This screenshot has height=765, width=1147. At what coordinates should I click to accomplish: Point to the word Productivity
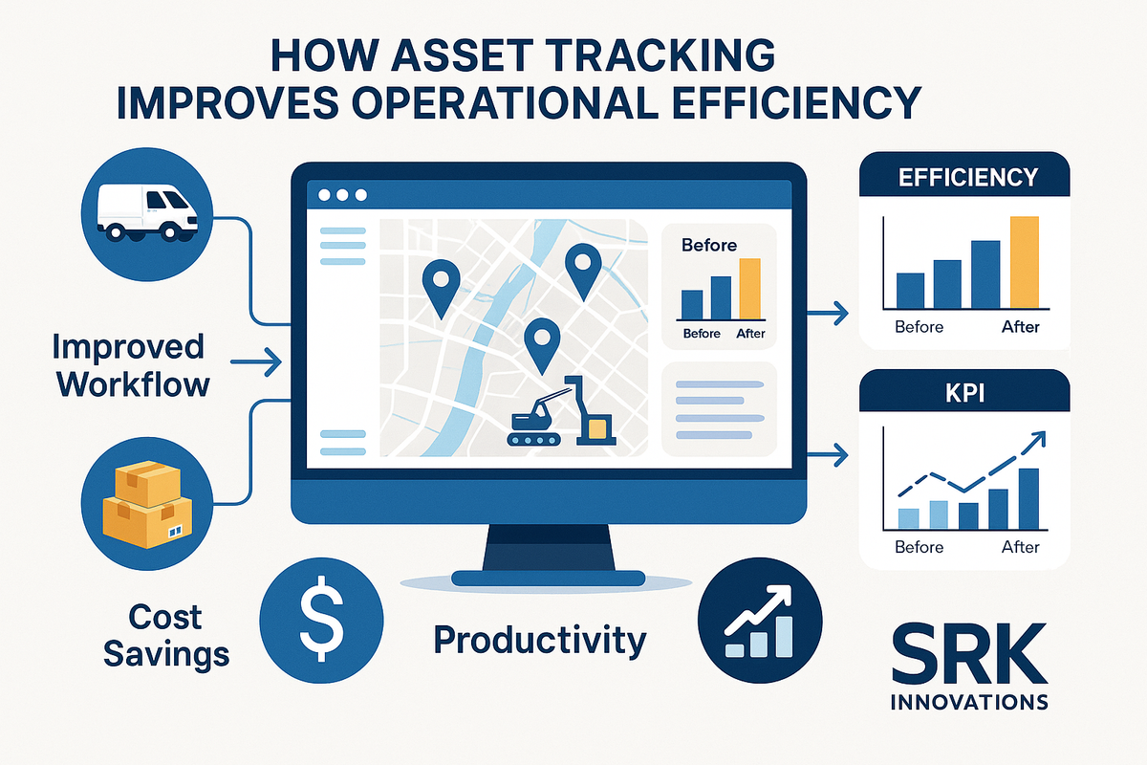(540, 640)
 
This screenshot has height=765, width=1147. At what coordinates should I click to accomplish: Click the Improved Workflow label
(132, 365)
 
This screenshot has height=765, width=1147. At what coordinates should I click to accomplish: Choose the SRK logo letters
(966, 653)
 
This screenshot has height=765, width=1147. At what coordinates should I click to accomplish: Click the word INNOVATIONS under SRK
(968, 702)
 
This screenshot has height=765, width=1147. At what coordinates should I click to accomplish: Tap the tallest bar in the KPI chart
(1028, 498)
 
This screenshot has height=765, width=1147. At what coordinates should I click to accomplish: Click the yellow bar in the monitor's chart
(749, 289)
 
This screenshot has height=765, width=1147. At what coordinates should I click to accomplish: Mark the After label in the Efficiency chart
(1020, 327)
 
